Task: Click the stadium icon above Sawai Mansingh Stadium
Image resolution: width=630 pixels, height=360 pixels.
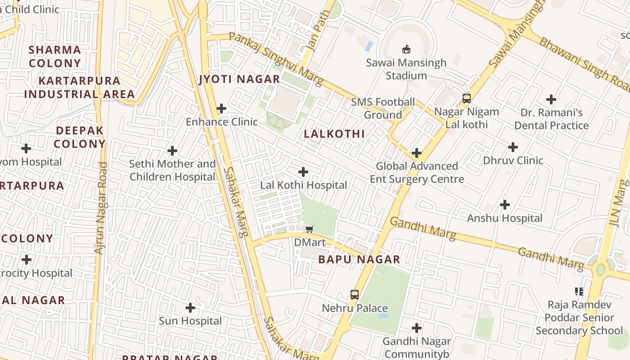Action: (x=406, y=49)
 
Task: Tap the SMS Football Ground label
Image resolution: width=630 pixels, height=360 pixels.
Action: (x=383, y=108)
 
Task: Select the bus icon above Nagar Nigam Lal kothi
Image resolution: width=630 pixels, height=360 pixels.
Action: (x=467, y=98)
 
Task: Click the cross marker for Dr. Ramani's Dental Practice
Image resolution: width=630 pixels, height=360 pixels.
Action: (x=551, y=99)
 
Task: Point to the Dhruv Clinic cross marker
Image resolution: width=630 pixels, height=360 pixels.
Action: (x=513, y=147)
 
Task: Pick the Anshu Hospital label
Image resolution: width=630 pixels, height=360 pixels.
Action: (x=504, y=218)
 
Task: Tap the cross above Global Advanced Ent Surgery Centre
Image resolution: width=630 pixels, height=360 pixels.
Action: (x=417, y=153)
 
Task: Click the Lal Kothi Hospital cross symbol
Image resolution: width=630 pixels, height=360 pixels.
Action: (x=303, y=172)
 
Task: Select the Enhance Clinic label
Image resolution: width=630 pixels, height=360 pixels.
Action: (x=222, y=121)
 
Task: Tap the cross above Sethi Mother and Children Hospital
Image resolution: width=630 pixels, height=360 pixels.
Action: (x=172, y=151)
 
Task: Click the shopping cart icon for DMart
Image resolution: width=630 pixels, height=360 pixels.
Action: (x=309, y=229)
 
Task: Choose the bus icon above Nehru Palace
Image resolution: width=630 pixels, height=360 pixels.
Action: (x=355, y=295)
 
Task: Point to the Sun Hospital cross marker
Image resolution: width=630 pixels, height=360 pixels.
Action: (x=190, y=308)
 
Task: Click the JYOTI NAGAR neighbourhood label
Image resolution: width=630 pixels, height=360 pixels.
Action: (x=240, y=80)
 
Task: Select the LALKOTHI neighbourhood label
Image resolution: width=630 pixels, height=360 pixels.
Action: (x=334, y=134)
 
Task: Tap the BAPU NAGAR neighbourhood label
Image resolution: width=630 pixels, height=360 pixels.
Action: (x=359, y=259)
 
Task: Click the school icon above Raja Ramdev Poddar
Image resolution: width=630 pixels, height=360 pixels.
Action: (x=579, y=292)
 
